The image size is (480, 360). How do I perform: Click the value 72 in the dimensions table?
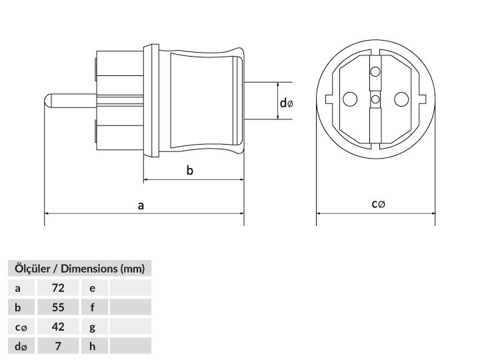point(58,288)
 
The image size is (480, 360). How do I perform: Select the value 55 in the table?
point(58,307)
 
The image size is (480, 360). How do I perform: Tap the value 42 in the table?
point(58,327)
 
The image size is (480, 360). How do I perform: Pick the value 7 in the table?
point(58,346)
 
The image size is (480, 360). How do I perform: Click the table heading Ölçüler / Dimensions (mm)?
point(79,269)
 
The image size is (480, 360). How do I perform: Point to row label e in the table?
point(92,289)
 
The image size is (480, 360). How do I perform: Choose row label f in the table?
point(93,307)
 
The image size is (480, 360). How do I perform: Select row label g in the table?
point(92,328)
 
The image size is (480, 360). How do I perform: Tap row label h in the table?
point(92,346)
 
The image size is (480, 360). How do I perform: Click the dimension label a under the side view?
point(141,205)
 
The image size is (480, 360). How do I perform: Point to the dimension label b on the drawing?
point(190,170)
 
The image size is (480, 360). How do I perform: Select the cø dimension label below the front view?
point(378,203)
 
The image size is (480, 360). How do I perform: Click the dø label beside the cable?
point(287,103)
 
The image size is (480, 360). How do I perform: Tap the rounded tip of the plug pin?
point(47,101)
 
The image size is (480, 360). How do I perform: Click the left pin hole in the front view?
point(350,99)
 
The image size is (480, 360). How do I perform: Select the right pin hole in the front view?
point(401,99)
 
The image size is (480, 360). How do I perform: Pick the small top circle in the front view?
point(375,72)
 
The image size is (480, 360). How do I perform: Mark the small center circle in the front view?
point(375,99)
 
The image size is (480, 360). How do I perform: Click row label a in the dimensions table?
point(18,289)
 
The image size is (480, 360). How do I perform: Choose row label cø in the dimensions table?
point(21,327)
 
